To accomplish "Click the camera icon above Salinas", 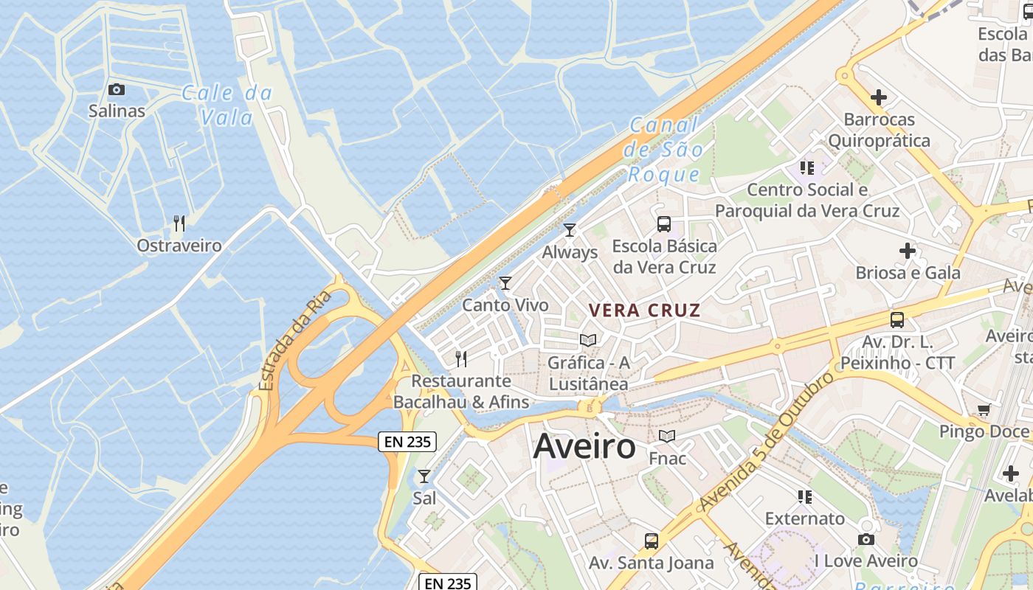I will coord(116,90).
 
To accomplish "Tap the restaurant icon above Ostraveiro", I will coord(179,223).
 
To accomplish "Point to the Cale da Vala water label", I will coord(227,105).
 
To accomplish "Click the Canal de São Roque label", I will coord(663,150).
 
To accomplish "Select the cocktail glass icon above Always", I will coord(569,230).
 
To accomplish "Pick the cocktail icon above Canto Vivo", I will coord(505,282).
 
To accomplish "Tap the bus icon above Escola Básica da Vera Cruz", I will coord(664,223).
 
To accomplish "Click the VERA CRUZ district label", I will coord(643,310).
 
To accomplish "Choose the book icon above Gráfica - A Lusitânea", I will coord(588,340).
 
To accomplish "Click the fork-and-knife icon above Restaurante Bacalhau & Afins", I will coord(461,359).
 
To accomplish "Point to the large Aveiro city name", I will coord(584,446).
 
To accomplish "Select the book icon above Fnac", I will coord(667,437).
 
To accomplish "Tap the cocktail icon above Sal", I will coord(424,476).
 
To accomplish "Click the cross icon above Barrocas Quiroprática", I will coord(878,97).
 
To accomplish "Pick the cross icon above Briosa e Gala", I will coord(908,251).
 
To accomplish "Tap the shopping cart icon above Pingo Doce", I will coord(983,409).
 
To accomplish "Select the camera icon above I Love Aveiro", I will coord(866,539).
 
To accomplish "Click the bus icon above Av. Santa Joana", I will coord(651,541).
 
